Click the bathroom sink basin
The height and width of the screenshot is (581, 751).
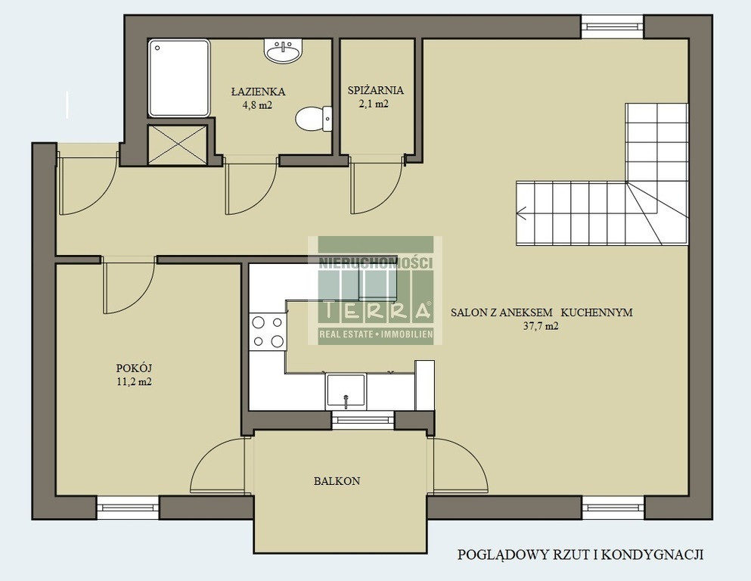(284, 51)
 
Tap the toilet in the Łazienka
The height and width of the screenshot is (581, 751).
(313, 118)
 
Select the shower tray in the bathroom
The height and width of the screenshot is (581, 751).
(179, 79)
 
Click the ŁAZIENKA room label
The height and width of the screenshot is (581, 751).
(258, 91)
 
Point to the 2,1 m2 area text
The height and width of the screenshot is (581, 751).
(374, 104)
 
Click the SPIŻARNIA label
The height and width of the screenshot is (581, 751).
(376, 90)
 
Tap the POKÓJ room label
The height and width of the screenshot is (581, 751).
(134, 368)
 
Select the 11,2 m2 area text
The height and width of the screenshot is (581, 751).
(134, 382)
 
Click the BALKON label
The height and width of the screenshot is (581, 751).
(337, 481)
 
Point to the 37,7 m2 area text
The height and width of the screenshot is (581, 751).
(542, 326)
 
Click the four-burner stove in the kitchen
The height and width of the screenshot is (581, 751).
(268, 331)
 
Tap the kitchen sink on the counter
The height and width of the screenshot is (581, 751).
(346, 391)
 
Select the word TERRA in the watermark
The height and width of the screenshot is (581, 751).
(376, 310)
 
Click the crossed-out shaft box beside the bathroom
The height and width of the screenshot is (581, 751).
(178, 145)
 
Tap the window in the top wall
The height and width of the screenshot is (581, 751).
(613, 26)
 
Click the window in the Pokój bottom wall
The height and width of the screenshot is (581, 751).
(128, 508)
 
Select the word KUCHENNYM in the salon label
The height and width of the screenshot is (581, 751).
(597, 312)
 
